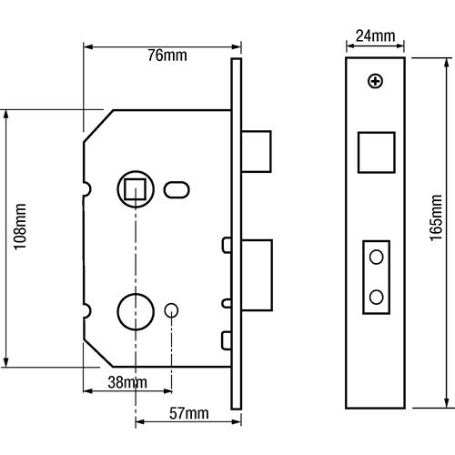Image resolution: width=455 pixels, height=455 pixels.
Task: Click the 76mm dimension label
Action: tap(167, 56)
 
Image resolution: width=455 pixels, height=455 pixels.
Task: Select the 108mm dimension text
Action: tap(20, 227)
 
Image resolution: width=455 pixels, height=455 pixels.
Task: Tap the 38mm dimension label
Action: tap(127, 382)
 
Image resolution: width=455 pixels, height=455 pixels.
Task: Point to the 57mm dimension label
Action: tap(189, 413)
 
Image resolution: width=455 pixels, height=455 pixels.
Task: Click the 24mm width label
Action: tap(376, 35)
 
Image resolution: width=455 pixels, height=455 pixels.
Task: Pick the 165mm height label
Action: tap(436, 217)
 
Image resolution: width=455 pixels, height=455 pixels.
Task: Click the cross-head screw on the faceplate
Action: tap(376, 81)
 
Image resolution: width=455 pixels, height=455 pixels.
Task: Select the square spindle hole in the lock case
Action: tap(136, 189)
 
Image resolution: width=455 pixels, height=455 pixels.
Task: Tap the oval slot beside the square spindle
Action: tap(177, 190)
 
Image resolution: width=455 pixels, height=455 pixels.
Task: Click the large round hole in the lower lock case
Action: tap(136, 311)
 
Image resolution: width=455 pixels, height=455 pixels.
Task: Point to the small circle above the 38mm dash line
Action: tap(171, 310)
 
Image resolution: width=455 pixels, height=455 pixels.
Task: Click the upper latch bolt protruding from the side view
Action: tap(257, 151)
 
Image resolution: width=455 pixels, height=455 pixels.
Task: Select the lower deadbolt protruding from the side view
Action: tap(257, 275)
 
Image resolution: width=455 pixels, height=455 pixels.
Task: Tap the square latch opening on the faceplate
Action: tap(377, 153)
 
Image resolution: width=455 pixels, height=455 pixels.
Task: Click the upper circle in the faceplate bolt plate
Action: tap(377, 258)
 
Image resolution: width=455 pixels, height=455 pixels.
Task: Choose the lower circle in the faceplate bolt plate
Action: tap(377, 298)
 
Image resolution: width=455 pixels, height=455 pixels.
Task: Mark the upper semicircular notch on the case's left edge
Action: tap(86, 189)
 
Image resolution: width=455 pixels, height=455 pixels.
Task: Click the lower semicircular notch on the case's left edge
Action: tap(86, 310)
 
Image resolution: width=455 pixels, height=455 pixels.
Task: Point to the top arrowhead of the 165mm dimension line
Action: tap(447, 64)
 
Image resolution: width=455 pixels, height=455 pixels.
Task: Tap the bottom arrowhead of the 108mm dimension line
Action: tap(5, 361)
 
